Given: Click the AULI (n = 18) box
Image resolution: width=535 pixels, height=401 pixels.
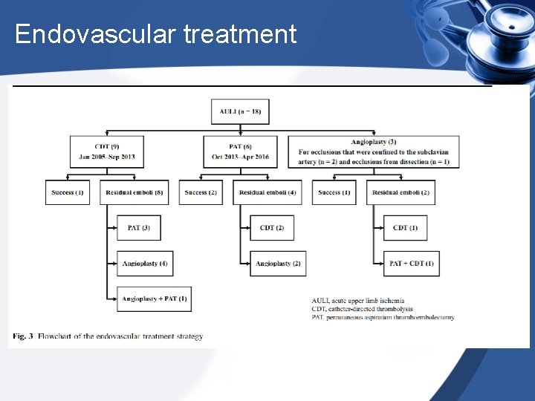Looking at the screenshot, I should (x=241, y=111).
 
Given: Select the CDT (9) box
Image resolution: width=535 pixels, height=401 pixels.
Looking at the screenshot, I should (x=106, y=151).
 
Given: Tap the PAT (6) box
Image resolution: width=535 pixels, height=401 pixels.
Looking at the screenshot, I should (x=241, y=151).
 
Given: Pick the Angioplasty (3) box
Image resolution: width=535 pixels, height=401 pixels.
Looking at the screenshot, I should (x=373, y=151).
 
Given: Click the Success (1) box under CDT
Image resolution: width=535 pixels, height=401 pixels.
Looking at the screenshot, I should (x=67, y=192).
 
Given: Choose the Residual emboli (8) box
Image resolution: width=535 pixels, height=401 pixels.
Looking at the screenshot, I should (x=133, y=192).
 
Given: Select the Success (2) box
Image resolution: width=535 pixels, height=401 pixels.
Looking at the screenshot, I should (x=201, y=192).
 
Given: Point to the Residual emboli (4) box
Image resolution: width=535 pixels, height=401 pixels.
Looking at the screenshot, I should (x=267, y=192).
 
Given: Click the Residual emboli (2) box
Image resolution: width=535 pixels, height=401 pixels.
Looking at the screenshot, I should (x=401, y=192).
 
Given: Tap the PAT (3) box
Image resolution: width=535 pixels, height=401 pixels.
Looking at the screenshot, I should (x=138, y=227).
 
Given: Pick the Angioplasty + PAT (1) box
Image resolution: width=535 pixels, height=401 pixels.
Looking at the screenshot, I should (x=154, y=299).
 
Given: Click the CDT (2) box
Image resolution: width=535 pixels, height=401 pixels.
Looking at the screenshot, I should (x=272, y=227).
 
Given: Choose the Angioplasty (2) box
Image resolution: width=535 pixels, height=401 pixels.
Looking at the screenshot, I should (x=277, y=263).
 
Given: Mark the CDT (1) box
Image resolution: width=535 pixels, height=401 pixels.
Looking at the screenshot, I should (x=405, y=227).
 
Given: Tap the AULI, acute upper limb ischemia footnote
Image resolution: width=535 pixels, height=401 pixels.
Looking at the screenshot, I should (x=358, y=301).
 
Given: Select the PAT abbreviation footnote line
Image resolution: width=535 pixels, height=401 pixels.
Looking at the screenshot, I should (x=383, y=318).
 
